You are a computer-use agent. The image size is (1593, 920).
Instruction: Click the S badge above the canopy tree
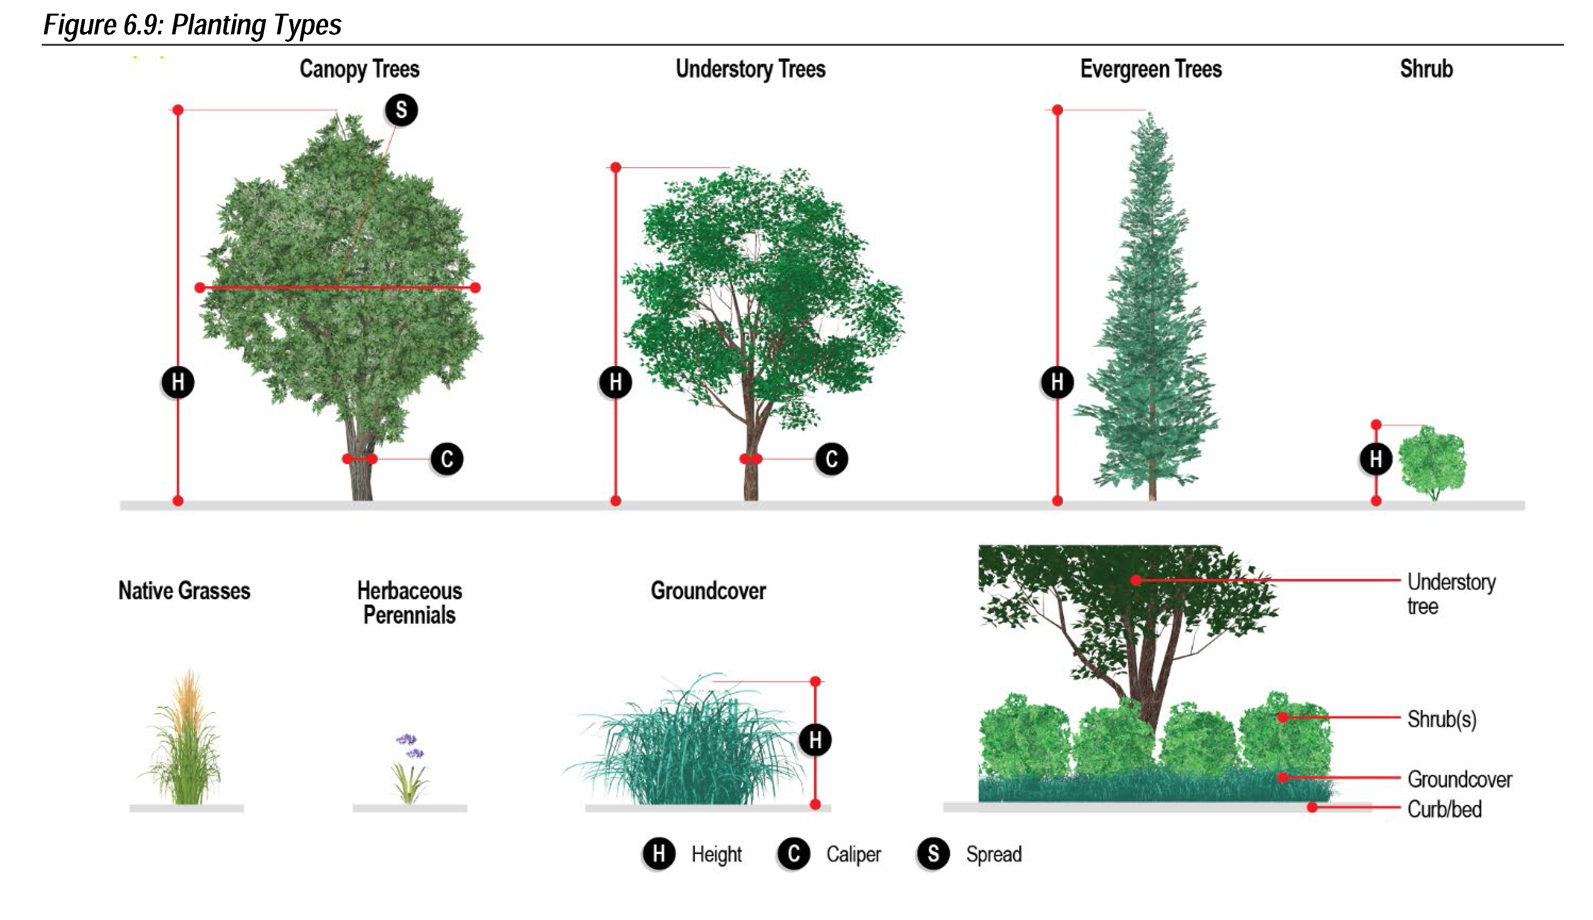coord(401,110)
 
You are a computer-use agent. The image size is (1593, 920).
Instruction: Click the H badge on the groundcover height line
coord(815,740)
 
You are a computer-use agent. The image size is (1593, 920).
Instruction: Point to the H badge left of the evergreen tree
coord(1057,382)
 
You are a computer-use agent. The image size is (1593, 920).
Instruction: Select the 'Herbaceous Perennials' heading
coord(409,603)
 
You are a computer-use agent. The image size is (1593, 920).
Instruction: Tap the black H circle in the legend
coord(659,854)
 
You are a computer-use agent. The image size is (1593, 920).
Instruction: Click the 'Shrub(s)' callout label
coord(1442,719)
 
